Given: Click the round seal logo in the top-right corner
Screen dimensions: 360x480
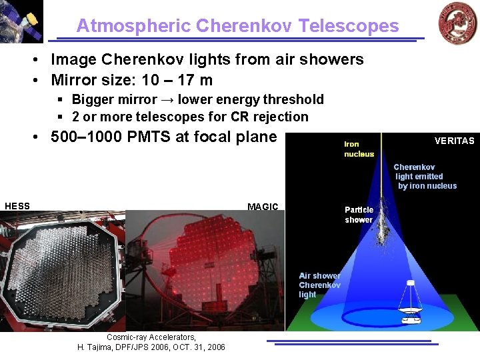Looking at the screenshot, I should coord(457,23).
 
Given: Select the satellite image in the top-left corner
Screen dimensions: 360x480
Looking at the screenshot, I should coord(21,21).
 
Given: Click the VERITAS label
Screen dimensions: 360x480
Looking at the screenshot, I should coord(454,141).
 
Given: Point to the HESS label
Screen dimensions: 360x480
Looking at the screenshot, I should coord(17,206).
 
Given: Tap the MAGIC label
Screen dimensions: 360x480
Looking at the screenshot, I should coord(263,207).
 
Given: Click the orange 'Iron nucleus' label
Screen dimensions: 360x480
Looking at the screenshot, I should coord(359,149).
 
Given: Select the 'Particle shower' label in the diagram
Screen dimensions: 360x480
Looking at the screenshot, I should coord(359,215).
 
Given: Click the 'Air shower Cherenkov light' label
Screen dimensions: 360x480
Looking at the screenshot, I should coord(319,285).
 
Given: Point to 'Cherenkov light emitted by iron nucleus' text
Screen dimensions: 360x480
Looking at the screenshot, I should coord(425,177).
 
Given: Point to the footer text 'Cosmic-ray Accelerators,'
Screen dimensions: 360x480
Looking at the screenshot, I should coord(151,337).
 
